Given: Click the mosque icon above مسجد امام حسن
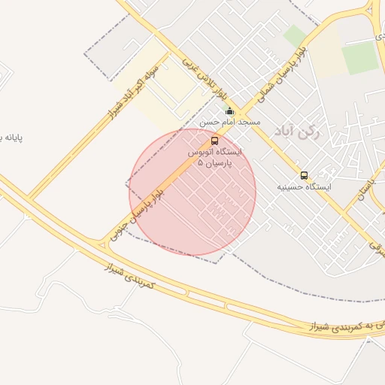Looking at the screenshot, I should click(x=229, y=112).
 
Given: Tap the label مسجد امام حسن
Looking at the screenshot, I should click(x=230, y=122).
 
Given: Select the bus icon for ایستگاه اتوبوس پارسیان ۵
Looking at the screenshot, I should click(x=215, y=141).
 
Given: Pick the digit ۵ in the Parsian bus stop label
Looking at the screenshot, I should click(x=199, y=162).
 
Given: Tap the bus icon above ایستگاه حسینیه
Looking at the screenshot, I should click(x=304, y=175).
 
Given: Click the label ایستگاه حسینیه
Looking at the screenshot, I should click(x=304, y=185).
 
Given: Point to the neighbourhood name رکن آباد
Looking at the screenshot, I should click(x=298, y=133).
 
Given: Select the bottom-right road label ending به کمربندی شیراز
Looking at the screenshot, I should click(x=345, y=326).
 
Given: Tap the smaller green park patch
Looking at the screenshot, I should click(x=295, y=36).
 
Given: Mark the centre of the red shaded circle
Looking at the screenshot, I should click(x=192, y=191).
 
